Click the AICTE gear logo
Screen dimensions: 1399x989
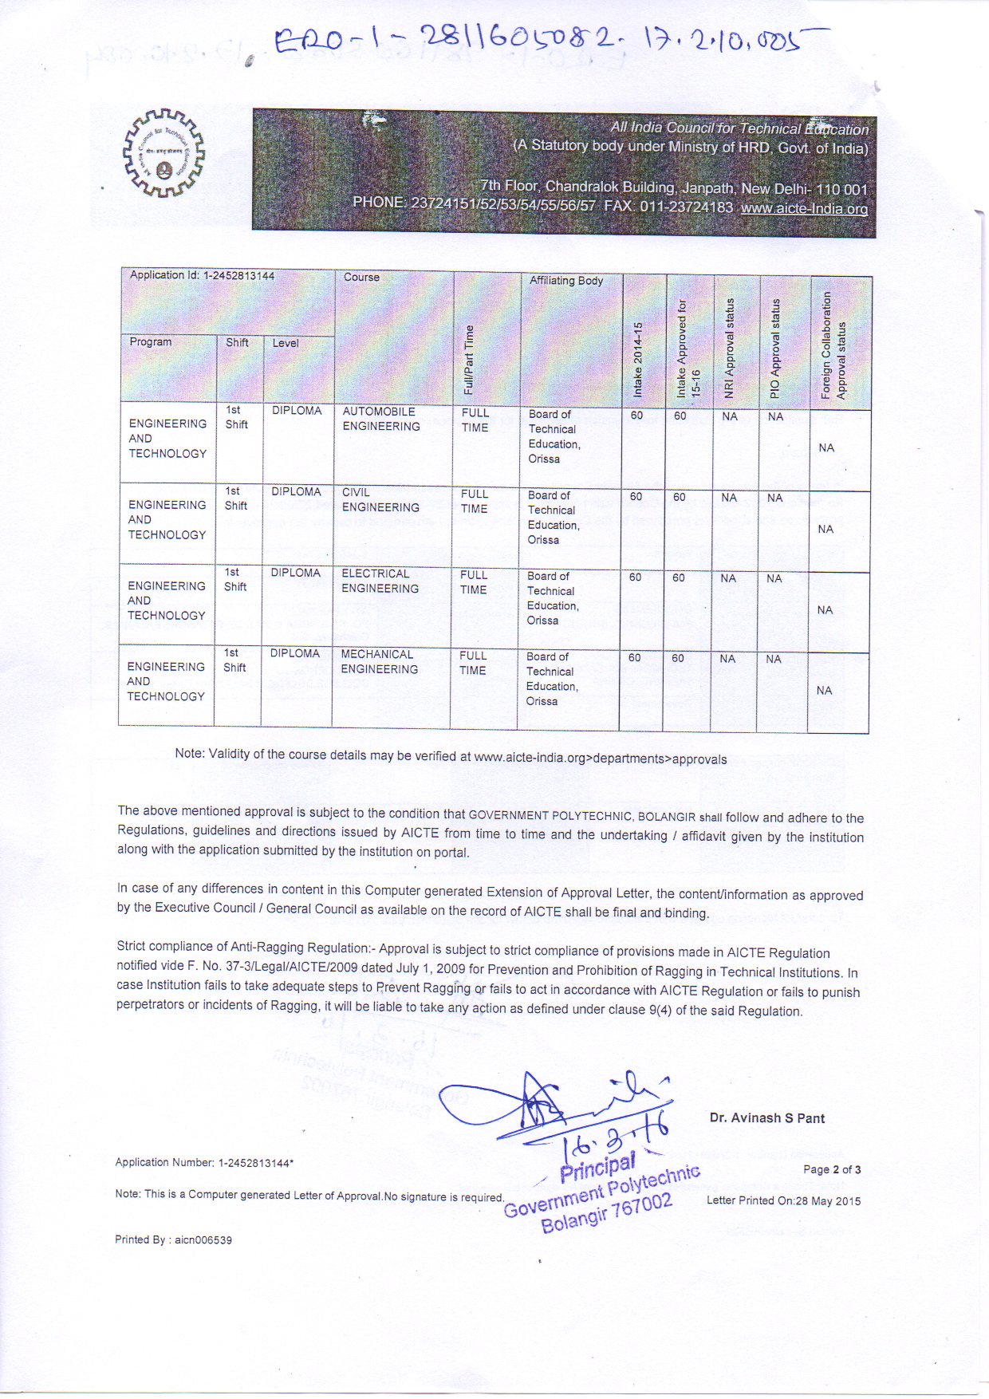click(163, 152)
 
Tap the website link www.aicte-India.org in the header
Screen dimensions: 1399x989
click(804, 209)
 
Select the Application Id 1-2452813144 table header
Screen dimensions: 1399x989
click(202, 276)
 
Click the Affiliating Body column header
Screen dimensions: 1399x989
click(566, 281)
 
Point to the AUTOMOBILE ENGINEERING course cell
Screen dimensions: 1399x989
click(381, 420)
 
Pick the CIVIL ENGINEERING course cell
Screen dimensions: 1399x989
click(380, 500)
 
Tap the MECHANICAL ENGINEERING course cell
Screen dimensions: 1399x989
click(379, 662)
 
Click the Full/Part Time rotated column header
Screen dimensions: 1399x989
click(469, 361)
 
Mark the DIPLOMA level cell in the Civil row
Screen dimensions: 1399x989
click(296, 492)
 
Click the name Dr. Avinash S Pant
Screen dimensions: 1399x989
click(767, 1118)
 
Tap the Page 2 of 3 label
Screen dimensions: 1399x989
click(832, 1170)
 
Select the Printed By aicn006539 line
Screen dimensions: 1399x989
click(174, 1240)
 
